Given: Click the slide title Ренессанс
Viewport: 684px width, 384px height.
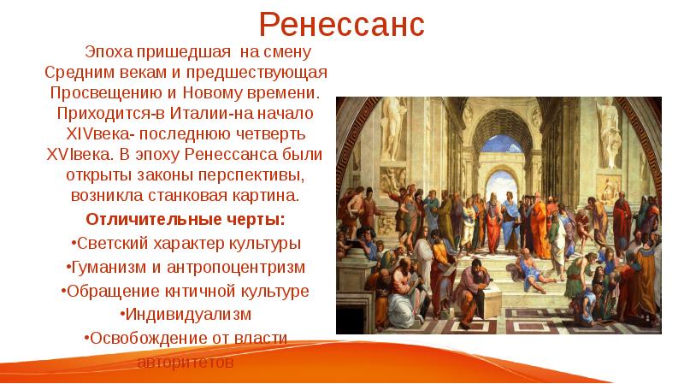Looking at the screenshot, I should point(342,23).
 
